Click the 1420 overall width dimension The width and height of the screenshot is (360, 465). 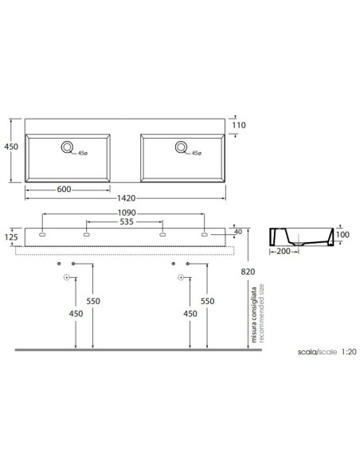pos(127,198)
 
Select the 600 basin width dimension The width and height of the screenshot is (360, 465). pos(64,190)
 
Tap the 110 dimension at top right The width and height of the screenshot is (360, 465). pos(239,125)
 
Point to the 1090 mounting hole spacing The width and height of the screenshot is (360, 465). pos(127,213)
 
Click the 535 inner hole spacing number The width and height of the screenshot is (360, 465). pos(127,222)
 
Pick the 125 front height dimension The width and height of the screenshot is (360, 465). pos(11,237)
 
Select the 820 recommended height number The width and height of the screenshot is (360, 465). pos(248,272)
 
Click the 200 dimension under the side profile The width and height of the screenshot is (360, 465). pos(284,252)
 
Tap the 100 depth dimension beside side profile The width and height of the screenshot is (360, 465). pos(342,235)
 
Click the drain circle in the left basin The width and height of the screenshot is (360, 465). pos(68,147)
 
